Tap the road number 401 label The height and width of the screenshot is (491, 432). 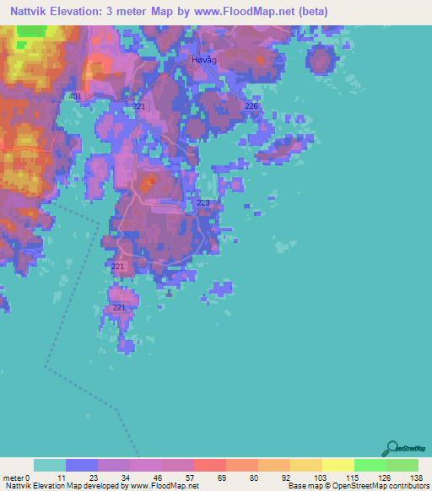pyautogui.click(x=75, y=97)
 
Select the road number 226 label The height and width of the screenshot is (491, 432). pyautogui.click(x=251, y=105)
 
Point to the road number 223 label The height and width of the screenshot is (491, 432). pyautogui.click(x=203, y=203)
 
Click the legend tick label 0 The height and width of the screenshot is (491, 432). pyautogui.click(x=27, y=477)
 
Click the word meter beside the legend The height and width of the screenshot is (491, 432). pyautogui.click(x=12, y=477)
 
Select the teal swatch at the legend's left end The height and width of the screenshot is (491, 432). pyautogui.click(x=49, y=465)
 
